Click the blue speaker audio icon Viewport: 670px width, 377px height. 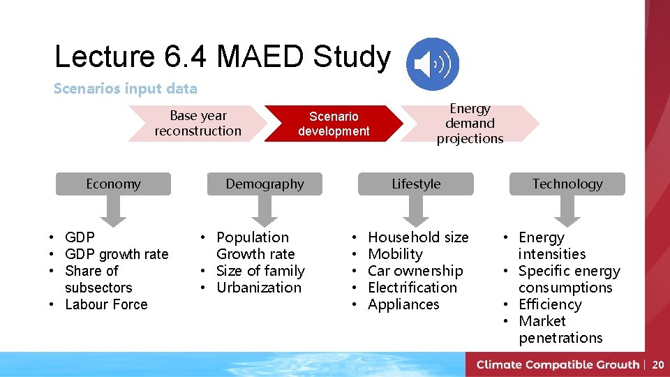[x=433, y=64]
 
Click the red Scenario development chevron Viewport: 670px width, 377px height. [x=334, y=124]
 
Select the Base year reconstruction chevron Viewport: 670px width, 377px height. [x=198, y=124]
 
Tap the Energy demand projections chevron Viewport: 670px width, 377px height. [x=470, y=124]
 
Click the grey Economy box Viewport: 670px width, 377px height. [x=113, y=184]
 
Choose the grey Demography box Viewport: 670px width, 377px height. [x=265, y=184]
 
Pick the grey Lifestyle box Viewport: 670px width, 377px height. [x=416, y=184]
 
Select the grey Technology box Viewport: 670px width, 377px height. [x=567, y=184]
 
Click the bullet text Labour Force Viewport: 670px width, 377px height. [x=106, y=304]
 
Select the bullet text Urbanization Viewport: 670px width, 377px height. [x=259, y=288]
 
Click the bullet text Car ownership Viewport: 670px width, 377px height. [x=415, y=271]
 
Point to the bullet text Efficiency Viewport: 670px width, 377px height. [x=550, y=304]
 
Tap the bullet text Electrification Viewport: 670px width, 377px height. [x=412, y=288]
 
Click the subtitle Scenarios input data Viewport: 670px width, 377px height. [x=126, y=89]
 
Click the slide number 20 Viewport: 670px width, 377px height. [x=657, y=364]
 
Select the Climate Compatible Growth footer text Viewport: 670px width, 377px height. [x=558, y=364]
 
